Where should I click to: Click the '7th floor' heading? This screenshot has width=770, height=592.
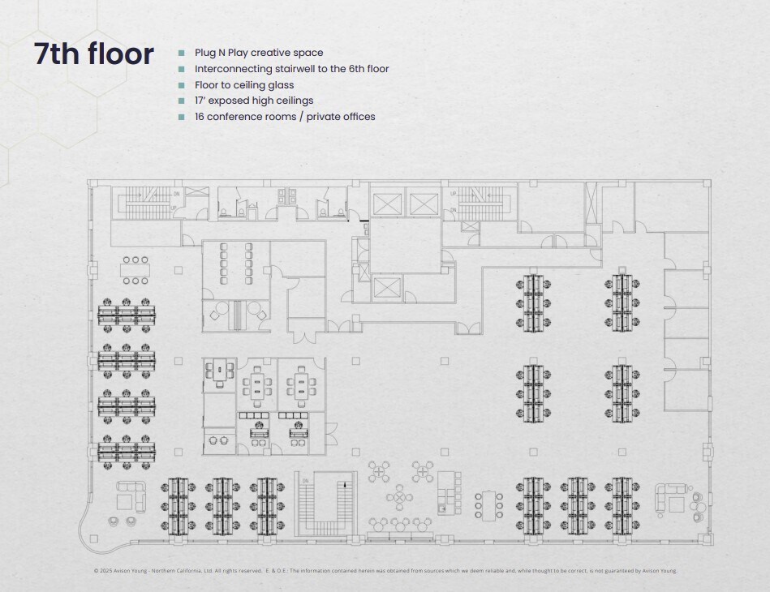(93, 54)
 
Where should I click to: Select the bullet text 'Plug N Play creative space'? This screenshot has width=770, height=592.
(259, 53)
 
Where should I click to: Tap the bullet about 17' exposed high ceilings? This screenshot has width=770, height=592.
(253, 101)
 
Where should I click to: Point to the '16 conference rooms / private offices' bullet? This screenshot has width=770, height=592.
(284, 117)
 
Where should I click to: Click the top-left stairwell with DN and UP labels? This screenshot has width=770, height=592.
(148, 201)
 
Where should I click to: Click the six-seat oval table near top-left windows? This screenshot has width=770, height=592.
(136, 270)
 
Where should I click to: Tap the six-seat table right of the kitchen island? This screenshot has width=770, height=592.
(488, 504)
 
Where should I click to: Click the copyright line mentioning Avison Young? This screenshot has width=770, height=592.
(385, 570)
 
